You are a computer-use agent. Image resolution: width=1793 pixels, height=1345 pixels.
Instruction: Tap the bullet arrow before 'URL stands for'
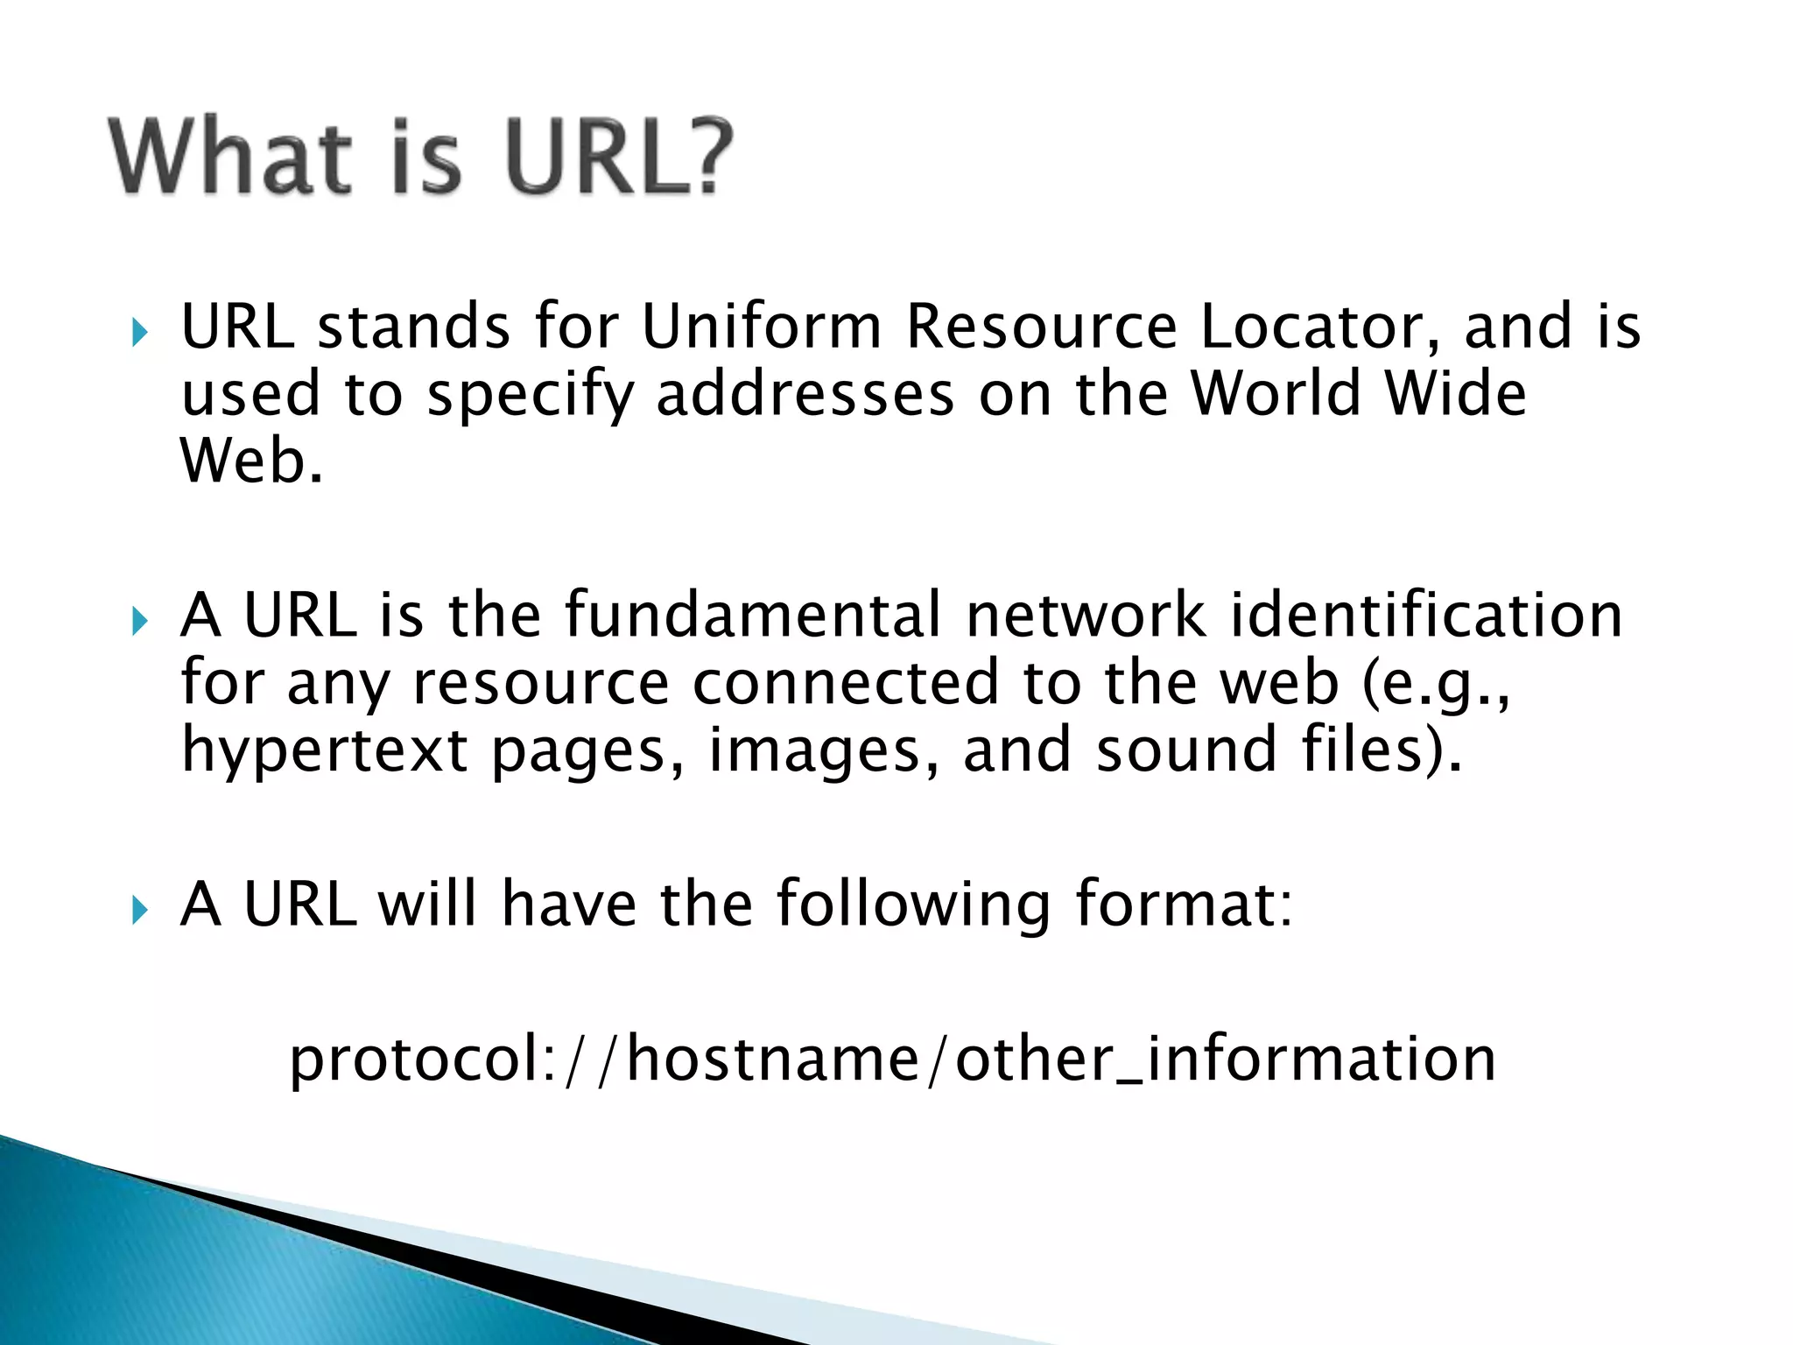pyautogui.click(x=138, y=332)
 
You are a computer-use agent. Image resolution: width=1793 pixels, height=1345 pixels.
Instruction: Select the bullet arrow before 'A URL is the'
pyautogui.click(x=138, y=622)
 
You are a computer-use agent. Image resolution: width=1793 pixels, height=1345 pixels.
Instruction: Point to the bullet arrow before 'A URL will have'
pyautogui.click(x=138, y=911)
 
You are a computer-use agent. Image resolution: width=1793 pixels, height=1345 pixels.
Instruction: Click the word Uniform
pyautogui.click(x=762, y=327)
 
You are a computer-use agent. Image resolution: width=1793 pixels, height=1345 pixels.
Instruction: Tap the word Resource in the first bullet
pyautogui.click(x=1042, y=327)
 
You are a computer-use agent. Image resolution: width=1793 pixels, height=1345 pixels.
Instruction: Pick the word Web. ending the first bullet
pyautogui.click(x=251, y=461)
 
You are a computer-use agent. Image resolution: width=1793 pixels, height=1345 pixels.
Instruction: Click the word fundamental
pyautogui.click(x=753, y=615)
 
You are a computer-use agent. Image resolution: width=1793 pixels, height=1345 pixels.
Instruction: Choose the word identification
pyautogui.click(x=1427, y=615)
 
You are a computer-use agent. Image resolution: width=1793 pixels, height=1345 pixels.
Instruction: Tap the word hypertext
pyautogui.click(x=325, y=751)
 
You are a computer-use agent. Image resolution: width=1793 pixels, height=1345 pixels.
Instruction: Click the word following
pyautogui.click(x=913, y=905)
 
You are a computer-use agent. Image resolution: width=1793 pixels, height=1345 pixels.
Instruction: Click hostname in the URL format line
pyautogui.click(x=773, y=1059)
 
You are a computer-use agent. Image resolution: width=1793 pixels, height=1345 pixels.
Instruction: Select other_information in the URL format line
pyautogui.click(x=1226, y=1059)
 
